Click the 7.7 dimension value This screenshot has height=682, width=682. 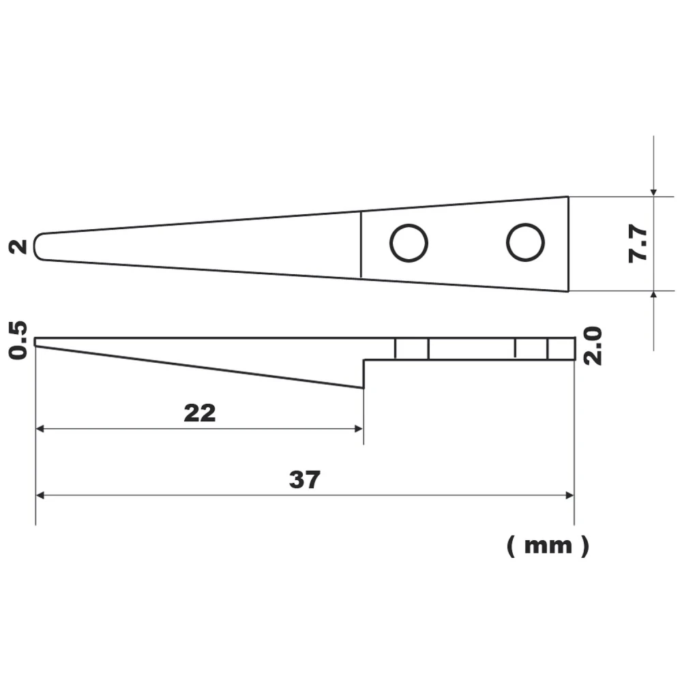pos(640,244)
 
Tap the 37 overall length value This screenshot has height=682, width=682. pos(304,480)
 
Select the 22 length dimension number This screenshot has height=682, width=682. pos(199,413)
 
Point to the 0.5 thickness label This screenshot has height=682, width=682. pos(19,340)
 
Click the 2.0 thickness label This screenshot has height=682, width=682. pos(594,346)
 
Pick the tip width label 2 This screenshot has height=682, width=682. pos(20,246)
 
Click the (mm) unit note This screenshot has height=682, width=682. pos(547,546)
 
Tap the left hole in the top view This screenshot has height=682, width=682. pos(409,243)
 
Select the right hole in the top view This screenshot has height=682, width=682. pos(525,242)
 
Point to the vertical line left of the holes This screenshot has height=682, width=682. pos(361,244)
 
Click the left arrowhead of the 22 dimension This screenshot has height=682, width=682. pos(40,429)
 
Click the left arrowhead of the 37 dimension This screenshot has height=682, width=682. pos(40,496)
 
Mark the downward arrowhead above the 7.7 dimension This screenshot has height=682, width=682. pos(653,192)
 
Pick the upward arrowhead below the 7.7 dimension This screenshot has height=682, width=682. pos(653,295)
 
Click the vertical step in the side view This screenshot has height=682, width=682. pos(364,374)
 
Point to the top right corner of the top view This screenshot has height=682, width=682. pos(567,197)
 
